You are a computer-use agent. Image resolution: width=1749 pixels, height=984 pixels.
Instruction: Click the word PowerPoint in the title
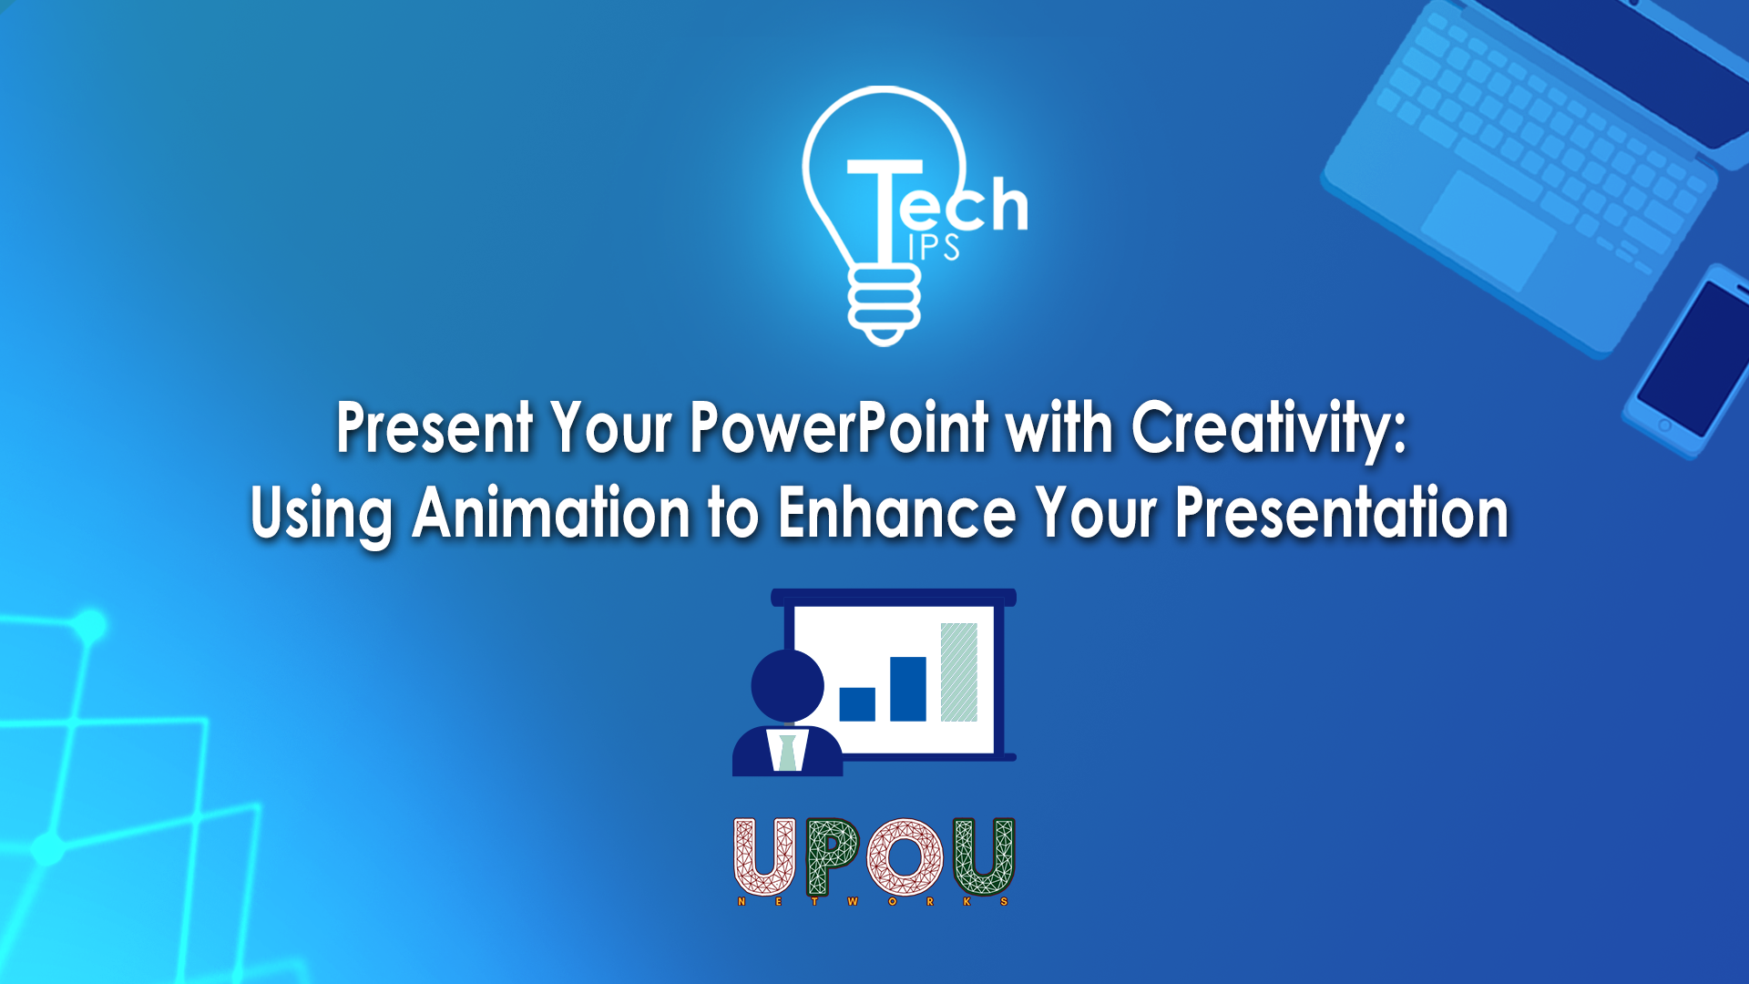839,427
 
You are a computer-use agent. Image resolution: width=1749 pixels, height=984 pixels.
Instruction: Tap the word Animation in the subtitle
551,513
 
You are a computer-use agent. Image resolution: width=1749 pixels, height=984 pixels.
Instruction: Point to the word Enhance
897,513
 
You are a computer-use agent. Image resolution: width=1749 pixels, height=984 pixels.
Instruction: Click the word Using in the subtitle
322,517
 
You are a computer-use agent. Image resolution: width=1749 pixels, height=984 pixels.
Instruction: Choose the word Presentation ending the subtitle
1341,513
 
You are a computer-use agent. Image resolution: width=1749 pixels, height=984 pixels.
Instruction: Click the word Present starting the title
435,427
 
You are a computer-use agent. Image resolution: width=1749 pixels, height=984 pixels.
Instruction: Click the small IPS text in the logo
934,247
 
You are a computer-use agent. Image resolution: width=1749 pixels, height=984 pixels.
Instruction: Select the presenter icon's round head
787,686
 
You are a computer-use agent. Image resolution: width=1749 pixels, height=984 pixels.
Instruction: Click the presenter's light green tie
787,751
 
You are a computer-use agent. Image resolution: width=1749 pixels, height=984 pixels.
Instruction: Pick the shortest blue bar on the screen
857,704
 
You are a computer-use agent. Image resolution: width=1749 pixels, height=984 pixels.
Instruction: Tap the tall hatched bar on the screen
958,671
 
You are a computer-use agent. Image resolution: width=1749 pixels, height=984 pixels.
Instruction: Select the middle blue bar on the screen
908,689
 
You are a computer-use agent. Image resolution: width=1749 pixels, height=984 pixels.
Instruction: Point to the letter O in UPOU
905,857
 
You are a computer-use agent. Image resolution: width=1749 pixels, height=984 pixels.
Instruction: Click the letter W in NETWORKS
853,901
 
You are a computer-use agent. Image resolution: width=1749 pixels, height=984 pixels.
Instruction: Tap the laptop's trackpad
1488,230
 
